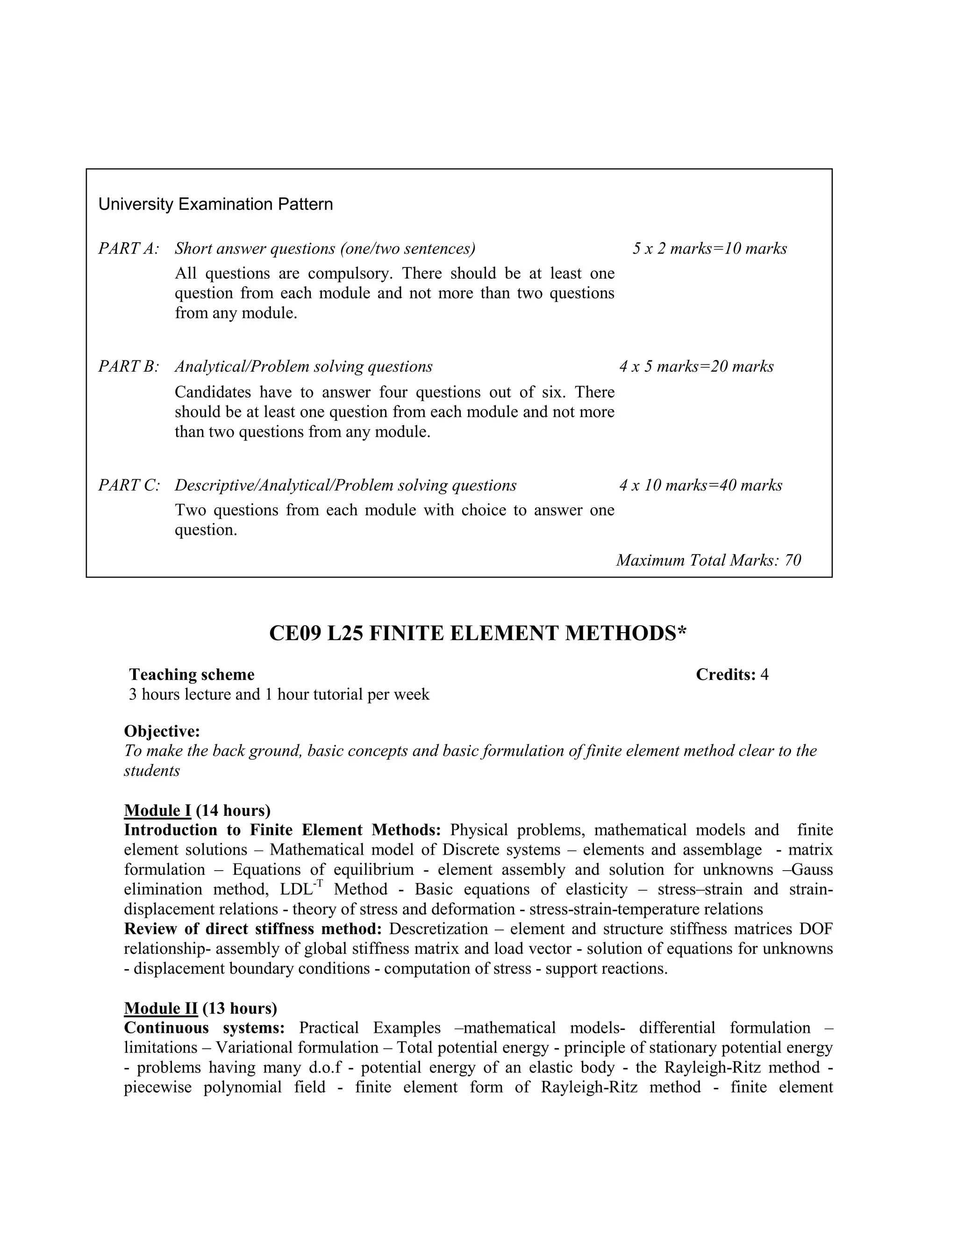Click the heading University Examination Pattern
(215, 204)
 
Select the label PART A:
(129, 248)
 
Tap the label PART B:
(129, 367)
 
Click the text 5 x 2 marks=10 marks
(710, 248)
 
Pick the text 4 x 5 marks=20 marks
(696, 367)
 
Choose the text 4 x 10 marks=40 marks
(701, 485)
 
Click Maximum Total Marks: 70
(709, 561)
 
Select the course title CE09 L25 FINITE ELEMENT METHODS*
(478, 634)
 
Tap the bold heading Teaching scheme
(192, 675)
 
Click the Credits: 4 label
(732, 675)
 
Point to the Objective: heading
(162, 731)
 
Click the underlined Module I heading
(157, 810)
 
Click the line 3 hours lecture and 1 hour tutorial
(279, 694)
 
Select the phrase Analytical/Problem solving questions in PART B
(303, 367)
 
